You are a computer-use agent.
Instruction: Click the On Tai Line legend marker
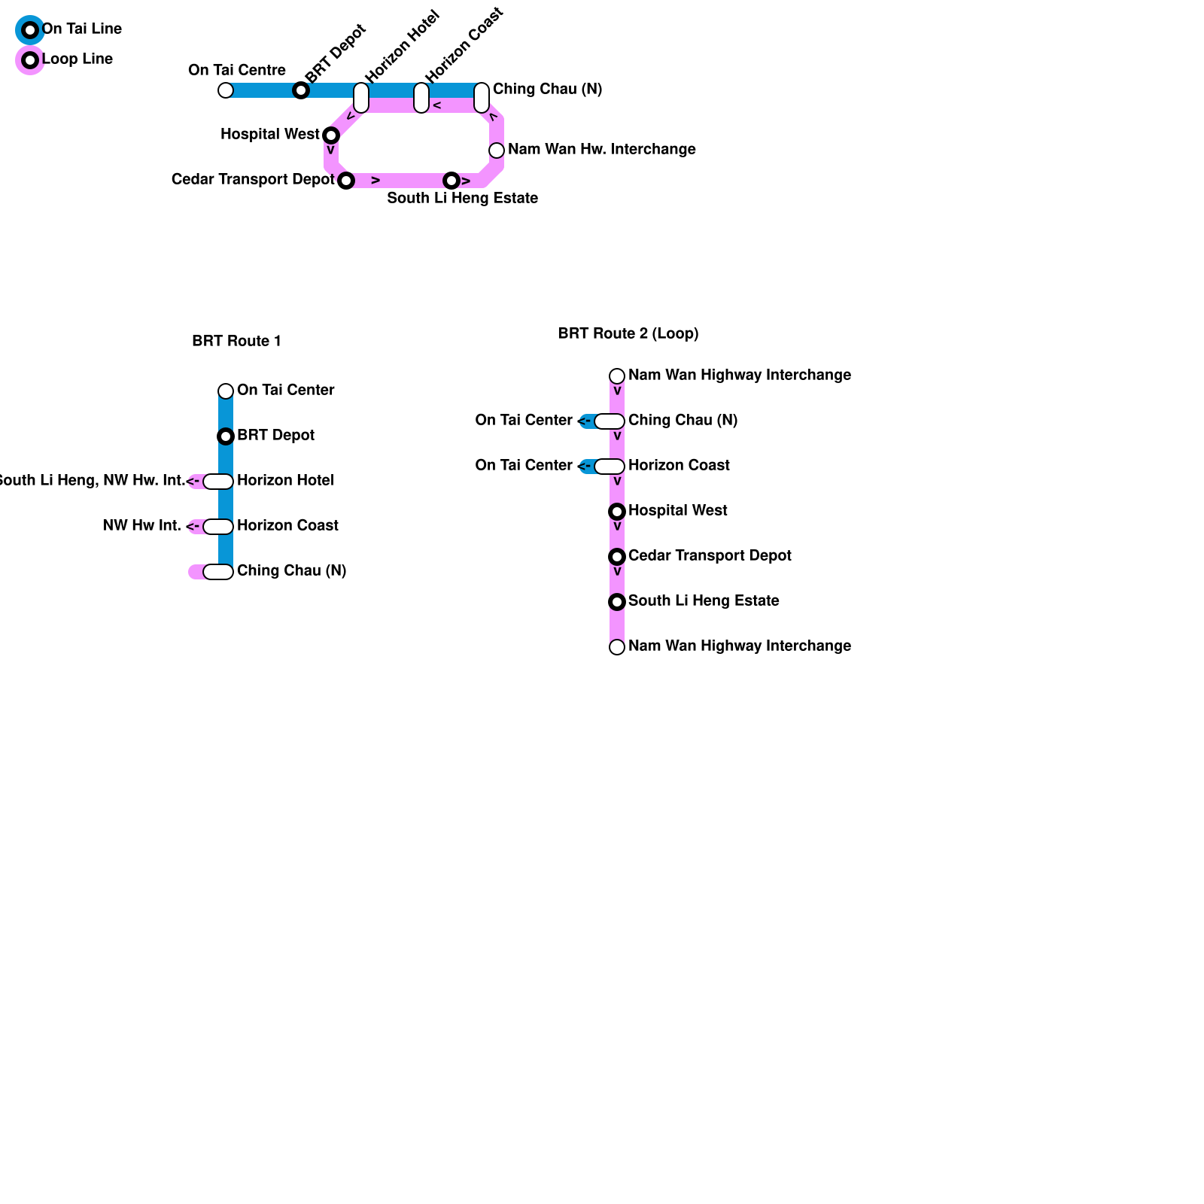[30, 30]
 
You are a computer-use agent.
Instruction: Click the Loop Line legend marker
[30, 60]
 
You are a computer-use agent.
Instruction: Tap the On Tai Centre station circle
[226, 90]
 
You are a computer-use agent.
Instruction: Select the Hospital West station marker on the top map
[331, 135]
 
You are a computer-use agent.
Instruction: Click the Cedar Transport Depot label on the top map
[253, 180]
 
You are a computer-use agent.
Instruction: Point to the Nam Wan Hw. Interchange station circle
[497, 150]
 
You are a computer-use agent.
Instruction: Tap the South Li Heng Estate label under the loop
[462, 199]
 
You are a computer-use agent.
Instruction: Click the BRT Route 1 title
[236, 341]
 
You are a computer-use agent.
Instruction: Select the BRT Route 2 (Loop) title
[628, 333]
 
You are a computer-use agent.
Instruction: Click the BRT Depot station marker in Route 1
[226, 436]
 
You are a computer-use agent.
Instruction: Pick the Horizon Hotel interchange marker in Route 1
[218, 482]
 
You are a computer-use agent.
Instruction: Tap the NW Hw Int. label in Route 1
[141, 526]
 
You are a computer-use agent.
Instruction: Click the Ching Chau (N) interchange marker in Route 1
[218, 572]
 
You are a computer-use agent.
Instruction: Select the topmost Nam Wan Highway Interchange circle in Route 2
[617, 376]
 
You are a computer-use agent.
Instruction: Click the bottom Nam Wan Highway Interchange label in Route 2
[739, 646]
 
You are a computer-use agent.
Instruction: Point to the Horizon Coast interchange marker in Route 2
[610, 467]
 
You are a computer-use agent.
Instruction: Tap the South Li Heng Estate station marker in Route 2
[617, 602]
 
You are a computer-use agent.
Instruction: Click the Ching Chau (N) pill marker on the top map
[482, 98]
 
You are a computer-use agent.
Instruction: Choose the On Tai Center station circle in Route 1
[226, 391]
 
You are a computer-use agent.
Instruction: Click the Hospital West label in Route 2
[677, 511]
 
